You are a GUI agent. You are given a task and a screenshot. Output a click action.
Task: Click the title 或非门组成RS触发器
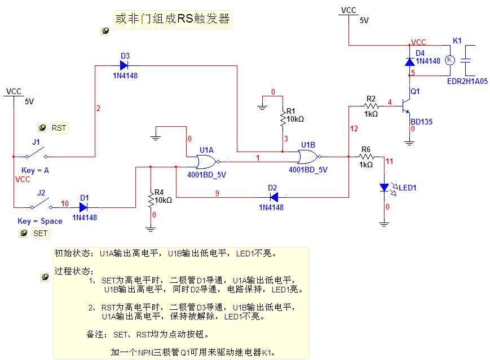pos(173,19)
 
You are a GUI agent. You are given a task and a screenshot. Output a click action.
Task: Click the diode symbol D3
pos(125,65)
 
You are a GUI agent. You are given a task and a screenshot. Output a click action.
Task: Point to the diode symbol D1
pos(85,207)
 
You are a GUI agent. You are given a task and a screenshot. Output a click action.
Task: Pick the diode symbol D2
pos(273,197)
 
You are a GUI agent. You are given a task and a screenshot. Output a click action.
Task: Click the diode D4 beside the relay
pos(410,61)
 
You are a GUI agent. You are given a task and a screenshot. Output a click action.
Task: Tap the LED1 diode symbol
pos(385,187)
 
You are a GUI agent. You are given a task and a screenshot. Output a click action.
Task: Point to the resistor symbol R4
pos(151,199)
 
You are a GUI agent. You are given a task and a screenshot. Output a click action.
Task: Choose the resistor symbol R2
pos(371,105)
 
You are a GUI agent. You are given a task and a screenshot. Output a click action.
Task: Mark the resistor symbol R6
pos(366,157)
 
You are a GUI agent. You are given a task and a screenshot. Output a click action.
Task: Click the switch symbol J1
pos(38,153)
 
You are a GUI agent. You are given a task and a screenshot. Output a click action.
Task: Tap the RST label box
pos(59,128)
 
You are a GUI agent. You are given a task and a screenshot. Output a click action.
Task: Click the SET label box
pos(40,233)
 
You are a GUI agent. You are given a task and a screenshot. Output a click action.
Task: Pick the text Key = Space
pos(39,221)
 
